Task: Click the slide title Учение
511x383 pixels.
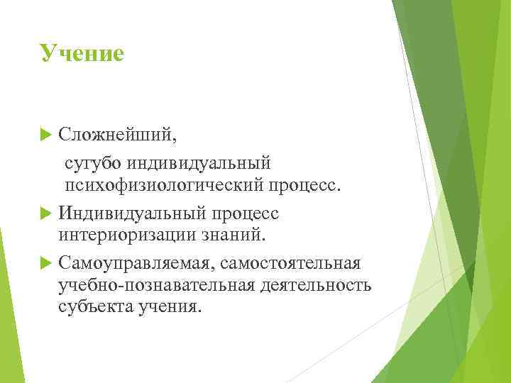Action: (x=82, y=53)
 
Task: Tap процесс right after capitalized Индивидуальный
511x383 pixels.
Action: (x=245, y=213)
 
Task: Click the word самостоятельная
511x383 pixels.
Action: (x=291, y=264)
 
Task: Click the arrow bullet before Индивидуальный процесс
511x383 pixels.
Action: (x=48, y=213)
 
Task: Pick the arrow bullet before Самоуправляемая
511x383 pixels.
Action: (x=48, y=264)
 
